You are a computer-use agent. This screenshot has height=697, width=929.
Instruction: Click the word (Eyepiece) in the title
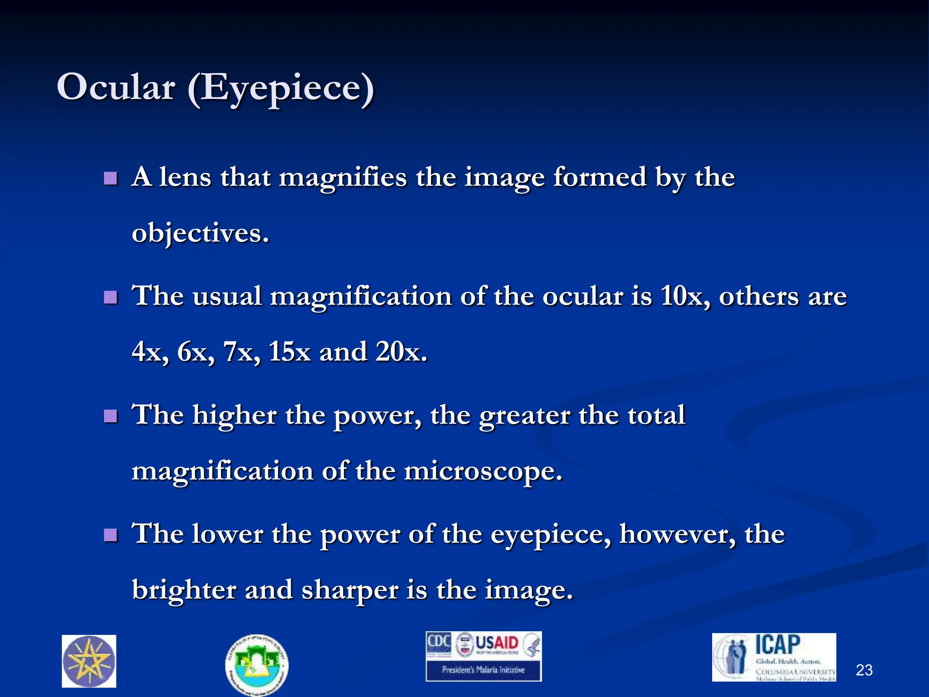(281, 88)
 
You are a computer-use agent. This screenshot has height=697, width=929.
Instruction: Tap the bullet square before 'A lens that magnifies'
(110, 178)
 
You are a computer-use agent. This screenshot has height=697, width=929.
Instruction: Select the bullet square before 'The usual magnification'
(110, 297)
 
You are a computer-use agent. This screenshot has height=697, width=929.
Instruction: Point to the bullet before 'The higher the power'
(110, 416)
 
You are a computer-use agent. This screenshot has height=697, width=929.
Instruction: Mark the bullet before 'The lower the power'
(110, 535)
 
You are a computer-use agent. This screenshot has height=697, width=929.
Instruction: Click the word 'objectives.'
(200, 234)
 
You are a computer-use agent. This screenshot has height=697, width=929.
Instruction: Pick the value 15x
(289, 352)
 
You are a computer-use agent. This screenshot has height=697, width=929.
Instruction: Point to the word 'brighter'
(183, 590)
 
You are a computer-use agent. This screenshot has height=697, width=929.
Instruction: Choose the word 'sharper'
(349, 591)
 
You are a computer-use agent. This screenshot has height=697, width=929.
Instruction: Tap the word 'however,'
(678, 534)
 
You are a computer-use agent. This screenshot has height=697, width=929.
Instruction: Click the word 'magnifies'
(342, 178)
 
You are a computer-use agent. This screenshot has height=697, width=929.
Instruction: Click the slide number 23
(864, 670)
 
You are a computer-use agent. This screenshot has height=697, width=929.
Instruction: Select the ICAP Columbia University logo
(774, 657)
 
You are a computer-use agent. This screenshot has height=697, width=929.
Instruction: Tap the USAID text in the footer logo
(496, 643)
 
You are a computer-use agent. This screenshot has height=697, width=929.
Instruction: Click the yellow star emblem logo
(89, 661)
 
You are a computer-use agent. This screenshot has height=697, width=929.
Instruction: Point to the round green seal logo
(257, 664)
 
